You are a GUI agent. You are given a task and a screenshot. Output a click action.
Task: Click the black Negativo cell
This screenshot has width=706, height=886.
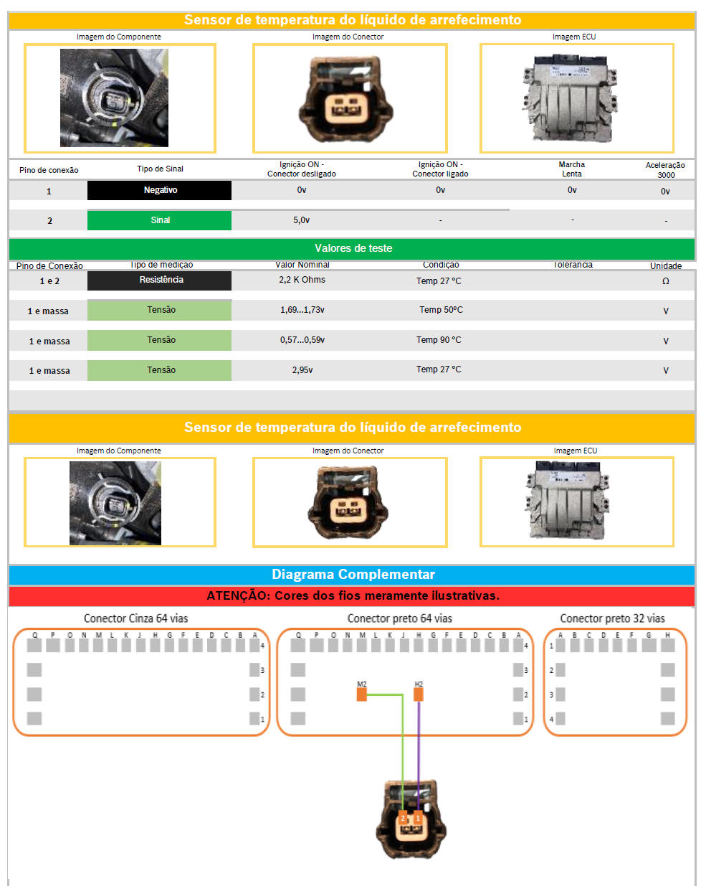(159, 190)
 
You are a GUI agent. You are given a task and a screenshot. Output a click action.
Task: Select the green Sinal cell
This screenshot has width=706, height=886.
(159, 220)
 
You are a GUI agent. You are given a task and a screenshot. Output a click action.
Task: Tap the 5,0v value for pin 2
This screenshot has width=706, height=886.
(301, 220)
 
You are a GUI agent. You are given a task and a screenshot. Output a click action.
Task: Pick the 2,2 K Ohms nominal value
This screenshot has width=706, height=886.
(302, 280)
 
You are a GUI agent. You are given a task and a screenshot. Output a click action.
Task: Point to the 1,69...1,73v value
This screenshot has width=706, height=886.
(302, 310)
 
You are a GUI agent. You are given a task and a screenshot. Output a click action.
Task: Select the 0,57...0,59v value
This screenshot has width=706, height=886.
(302, 340)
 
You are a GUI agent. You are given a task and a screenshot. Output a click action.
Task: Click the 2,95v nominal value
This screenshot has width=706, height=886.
(302, 370)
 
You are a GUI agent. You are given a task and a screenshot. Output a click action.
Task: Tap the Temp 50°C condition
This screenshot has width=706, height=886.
(441, 310)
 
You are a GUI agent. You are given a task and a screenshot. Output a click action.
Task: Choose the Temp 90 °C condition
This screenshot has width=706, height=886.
(439, 340)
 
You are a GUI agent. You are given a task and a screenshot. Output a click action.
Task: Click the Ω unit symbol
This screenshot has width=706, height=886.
(665, 281)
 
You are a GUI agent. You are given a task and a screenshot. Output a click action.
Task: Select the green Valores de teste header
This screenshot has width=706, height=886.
(353, 248)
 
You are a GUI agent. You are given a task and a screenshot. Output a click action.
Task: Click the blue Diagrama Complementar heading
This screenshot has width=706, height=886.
(353, 575)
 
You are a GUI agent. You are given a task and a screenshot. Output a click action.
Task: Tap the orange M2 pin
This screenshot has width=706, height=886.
(362, 694)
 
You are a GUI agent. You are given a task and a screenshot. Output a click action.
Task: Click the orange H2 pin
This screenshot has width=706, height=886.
(419, 694)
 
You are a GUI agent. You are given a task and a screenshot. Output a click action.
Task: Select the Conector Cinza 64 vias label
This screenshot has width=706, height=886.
(135, 618)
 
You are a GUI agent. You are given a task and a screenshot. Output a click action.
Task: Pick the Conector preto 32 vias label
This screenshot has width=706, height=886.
(612, 618)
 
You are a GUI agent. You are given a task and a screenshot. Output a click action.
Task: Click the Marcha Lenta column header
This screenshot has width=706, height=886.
(571, 169)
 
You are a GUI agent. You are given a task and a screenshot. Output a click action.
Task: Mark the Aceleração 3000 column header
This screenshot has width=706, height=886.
(665, 170)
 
